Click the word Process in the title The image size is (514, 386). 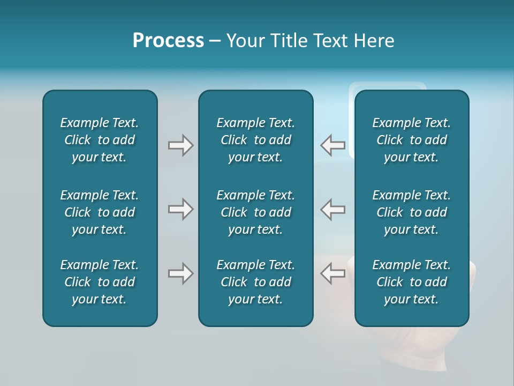tap(168, 41)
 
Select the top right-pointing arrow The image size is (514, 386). tap(180, 145)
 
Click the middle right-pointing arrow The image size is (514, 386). tap(180, 209)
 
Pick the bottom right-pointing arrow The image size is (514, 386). tap(180, 273)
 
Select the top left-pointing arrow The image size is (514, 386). tap(333, 145)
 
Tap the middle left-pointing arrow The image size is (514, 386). tap(333, 209)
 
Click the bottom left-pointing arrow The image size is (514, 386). tap(333, 273)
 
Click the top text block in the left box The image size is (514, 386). tap(100, 140)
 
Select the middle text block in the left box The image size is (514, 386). tap(100, 212)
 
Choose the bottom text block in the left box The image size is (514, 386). tap(100, 282)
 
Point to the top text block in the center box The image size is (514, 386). tap(255, 140)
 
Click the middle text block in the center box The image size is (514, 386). tap(255, 212)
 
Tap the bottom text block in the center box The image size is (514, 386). tap(255, 282)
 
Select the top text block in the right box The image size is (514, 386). tap(411, 140)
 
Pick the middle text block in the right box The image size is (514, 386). tap(411, 212)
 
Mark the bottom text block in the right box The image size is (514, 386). tap(411, 282)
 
